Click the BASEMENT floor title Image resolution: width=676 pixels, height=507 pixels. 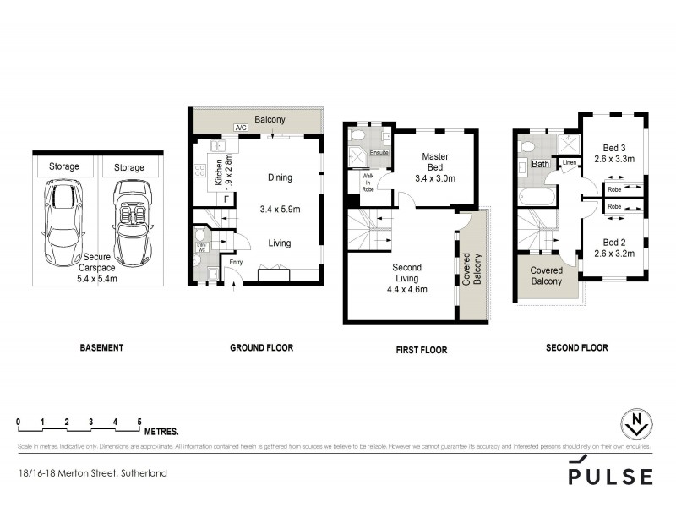[102, 347]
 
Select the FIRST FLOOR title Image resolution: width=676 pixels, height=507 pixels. [420, 350]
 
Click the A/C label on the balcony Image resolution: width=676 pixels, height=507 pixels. [240, 128]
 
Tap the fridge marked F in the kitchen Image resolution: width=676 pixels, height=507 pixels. [226, 199]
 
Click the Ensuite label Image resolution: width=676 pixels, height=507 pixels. [380, 153]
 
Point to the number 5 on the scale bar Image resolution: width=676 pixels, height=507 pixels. [139, 421]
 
